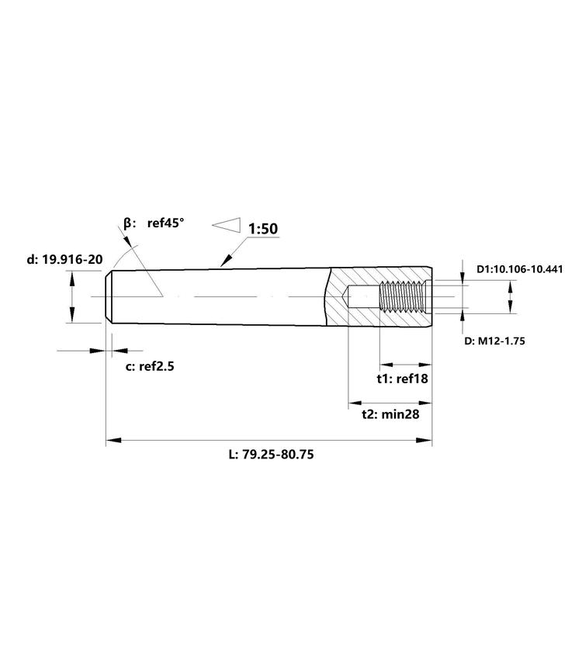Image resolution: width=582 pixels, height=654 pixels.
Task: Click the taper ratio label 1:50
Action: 263,229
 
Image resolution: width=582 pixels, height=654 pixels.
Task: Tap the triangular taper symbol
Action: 227,225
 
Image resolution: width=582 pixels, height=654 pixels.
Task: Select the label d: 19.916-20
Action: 64,259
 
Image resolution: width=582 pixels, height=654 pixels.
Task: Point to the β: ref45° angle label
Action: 154,223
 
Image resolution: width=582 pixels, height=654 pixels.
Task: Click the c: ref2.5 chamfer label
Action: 150,367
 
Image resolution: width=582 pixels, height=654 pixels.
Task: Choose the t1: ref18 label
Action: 402,379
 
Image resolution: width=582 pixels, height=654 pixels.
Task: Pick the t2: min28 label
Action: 390,414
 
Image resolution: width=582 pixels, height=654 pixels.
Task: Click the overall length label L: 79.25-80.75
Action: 271,454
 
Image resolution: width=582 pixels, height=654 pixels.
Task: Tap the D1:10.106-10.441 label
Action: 519,269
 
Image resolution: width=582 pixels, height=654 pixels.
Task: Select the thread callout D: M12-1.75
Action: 494,341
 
